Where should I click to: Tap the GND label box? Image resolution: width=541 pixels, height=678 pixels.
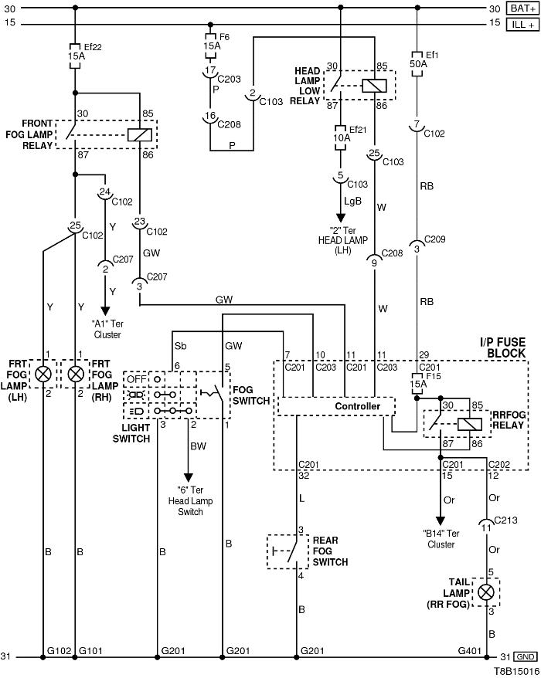coord(526,656)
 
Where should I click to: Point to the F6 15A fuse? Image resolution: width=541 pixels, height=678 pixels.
coord(210,41)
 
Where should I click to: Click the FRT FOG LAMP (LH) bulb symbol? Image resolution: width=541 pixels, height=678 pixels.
coord(44,375)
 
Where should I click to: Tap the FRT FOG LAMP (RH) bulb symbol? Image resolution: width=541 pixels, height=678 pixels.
coord(75,375)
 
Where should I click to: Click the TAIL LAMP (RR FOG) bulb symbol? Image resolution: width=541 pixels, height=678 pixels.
coord(486,592)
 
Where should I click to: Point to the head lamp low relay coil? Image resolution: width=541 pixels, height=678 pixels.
coord(375,85)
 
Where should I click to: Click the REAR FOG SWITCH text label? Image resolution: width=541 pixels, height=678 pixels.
coord(330,551)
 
